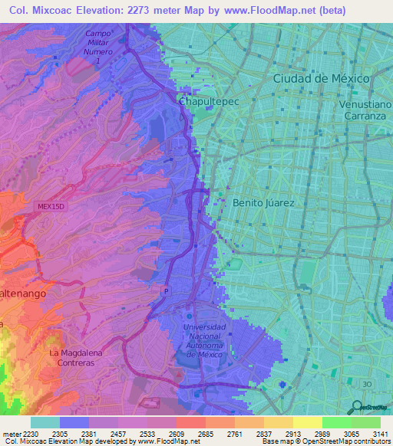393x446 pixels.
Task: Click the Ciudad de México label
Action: (322, 79)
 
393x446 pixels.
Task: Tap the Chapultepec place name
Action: (204, 100)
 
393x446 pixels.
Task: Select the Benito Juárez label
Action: (263, 203)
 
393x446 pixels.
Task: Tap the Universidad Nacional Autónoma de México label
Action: (205, 339)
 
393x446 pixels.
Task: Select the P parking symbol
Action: (164, 290)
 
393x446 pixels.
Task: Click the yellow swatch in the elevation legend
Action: (307, 422)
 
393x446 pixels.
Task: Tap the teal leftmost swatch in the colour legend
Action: (45, 422)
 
